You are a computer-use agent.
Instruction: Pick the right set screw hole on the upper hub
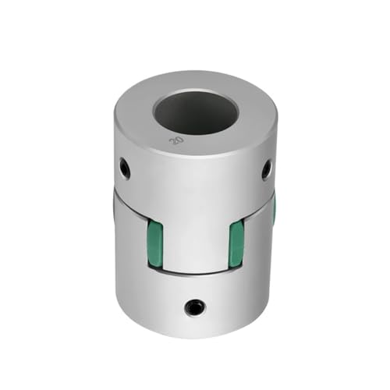click(267, 166)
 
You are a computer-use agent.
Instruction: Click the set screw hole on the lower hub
click(191, 307)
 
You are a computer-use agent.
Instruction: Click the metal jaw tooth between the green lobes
click(195, 234)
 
